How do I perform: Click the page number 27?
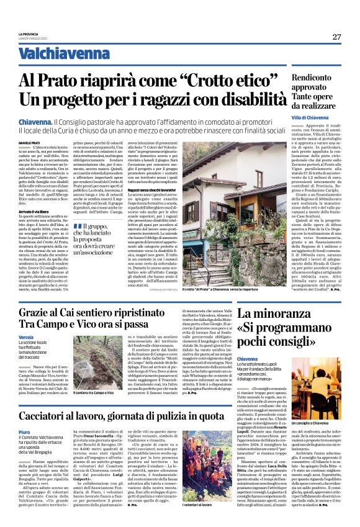coord(336,37)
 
